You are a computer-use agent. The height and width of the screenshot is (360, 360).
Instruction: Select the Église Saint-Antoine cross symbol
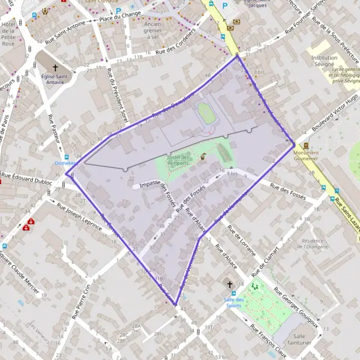pyautogui.click(x=56, y=68)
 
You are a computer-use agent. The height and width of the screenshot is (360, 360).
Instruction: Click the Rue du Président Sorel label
pyautogui.click(x=117, y=97)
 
